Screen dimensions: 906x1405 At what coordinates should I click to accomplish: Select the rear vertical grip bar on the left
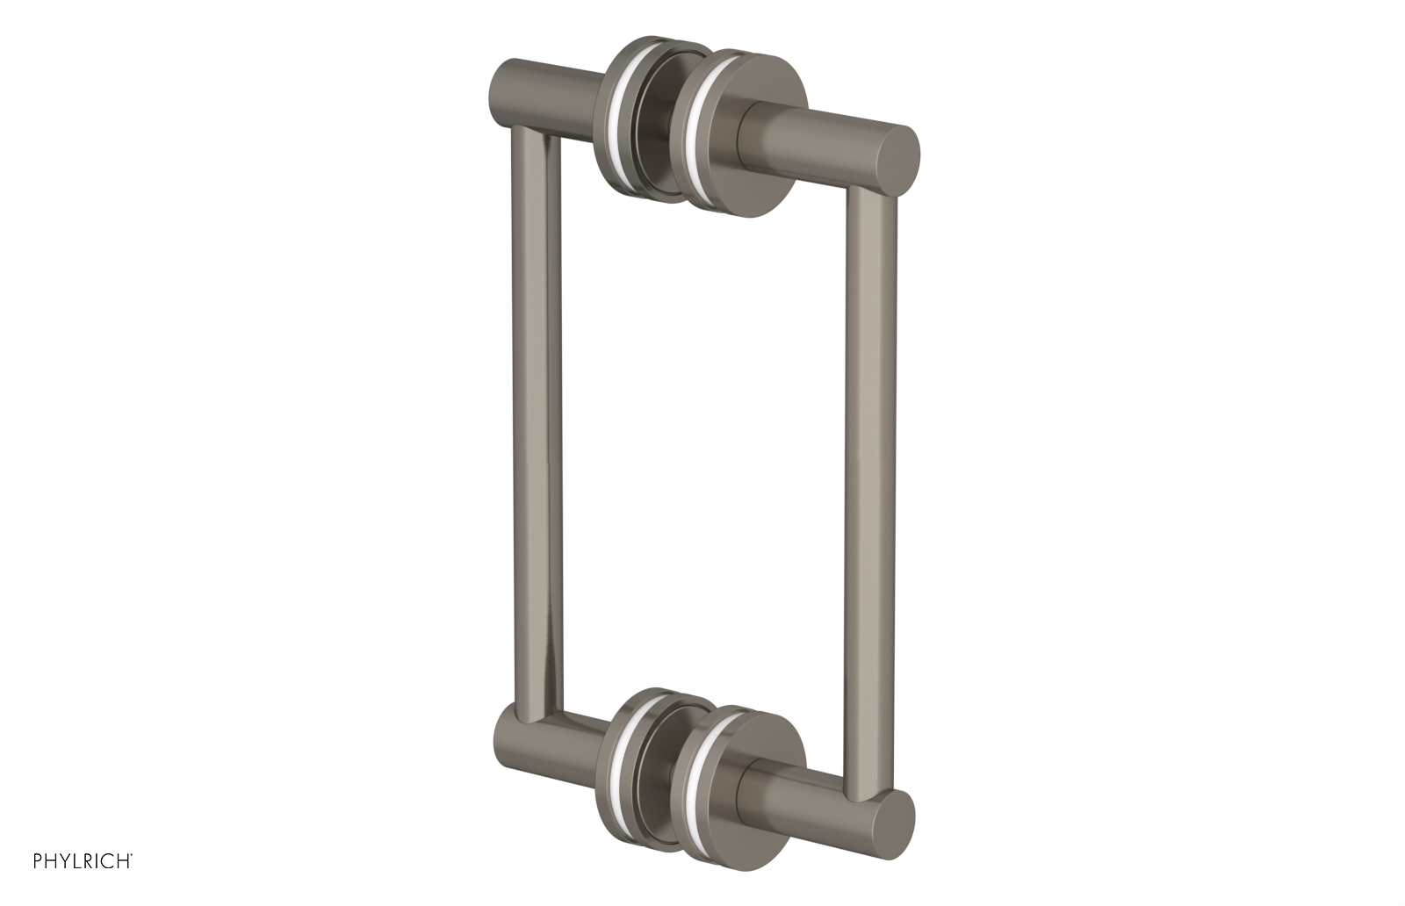point(530,421)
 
